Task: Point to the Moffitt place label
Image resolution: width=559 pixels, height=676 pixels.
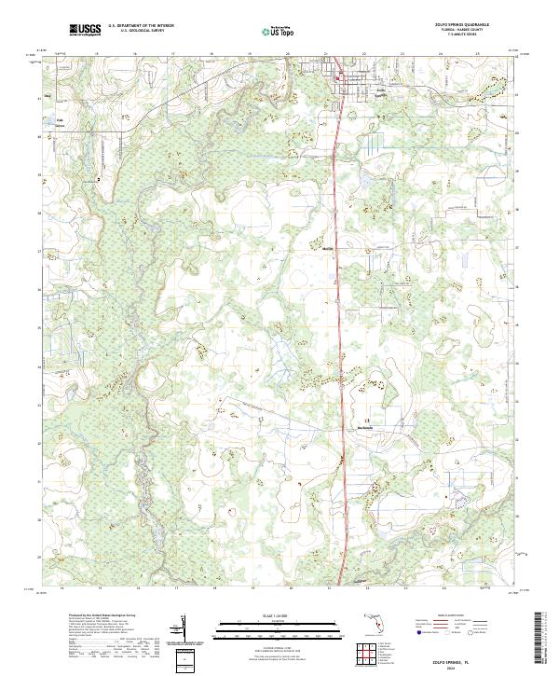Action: tap(327, 249)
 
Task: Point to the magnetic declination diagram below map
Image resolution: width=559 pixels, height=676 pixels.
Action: tap(186, 625)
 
